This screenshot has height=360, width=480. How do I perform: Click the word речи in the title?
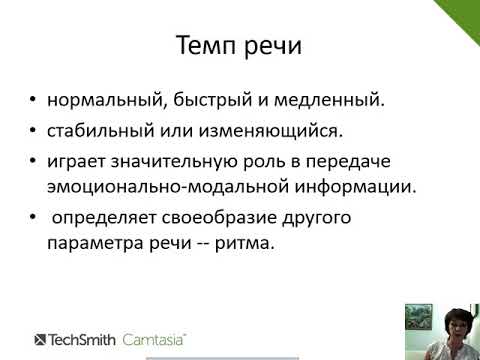coord(273,47)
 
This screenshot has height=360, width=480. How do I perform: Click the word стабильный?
coord(96,130)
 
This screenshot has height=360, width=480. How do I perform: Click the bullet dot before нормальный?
coord(35,102)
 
